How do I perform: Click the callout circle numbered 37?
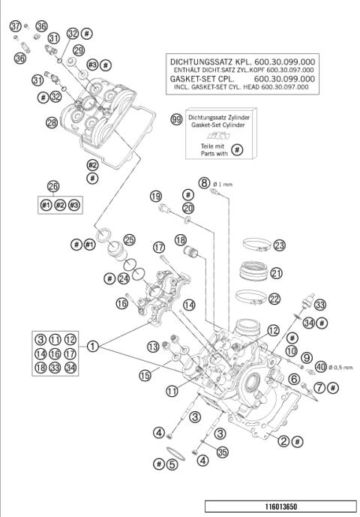(14, 26)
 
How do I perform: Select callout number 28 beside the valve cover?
(52, 122)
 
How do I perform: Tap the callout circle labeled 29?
(79, 50)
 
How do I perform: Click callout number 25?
(130, 240)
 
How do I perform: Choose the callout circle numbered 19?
(155, 197)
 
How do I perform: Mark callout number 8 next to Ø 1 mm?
(204, 182)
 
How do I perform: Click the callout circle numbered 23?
(279, 245)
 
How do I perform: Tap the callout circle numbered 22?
(274, 299)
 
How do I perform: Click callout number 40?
(321, 367)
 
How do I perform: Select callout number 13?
(153, 346)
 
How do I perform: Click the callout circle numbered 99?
(176, 120)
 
